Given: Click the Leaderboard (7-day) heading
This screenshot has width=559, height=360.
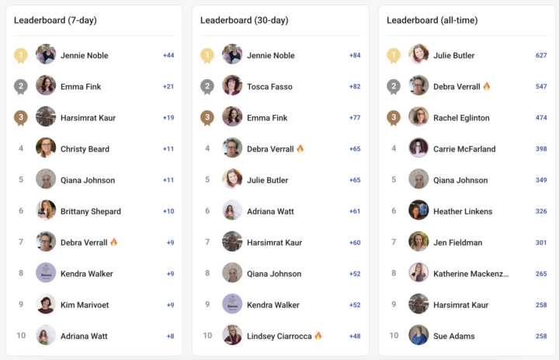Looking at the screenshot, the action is [x=55, y=20].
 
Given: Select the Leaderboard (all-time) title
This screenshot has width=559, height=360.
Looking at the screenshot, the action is [x=432, y=20].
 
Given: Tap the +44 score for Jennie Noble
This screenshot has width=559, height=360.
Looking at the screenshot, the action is [x=168, y=55].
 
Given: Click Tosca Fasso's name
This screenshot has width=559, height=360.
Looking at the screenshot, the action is [x=269, y=87].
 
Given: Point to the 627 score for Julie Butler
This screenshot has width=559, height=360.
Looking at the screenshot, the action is [x=541, y=55].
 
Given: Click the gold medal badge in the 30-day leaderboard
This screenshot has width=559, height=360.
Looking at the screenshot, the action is [x=207, y=55].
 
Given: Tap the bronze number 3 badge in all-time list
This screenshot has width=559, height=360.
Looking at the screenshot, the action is [x=394, y=118].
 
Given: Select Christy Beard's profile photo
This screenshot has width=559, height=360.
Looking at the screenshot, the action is [x=46, y=147].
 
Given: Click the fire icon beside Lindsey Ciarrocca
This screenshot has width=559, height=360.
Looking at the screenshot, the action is [x=318, y=335].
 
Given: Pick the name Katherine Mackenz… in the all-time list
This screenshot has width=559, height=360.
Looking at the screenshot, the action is [x=471, y=274].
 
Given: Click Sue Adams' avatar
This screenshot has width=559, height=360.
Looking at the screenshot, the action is [x=418, y=334].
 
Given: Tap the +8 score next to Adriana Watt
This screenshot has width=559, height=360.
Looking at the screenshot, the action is [x=170, y=336].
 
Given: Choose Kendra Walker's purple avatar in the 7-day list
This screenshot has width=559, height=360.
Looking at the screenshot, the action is [x=46, y=272].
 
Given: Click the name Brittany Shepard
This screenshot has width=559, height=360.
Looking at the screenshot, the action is [x=91, y=211].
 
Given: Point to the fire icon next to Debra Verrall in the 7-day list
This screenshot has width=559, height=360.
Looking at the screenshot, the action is [x=113, y=242].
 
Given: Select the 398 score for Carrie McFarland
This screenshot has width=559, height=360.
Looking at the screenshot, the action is [x=541, y=149].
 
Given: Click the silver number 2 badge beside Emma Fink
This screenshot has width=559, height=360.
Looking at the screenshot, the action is [x=21, y=87].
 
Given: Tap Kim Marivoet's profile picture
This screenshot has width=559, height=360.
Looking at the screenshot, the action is [x=46, y=303].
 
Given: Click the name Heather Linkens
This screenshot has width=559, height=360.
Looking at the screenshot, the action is [x=463, y=211].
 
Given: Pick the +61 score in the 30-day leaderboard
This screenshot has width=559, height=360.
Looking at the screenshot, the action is [x=355, y=211].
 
